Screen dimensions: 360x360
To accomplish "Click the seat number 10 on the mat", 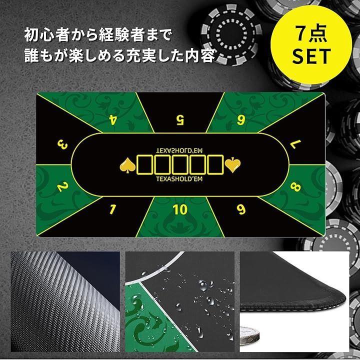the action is (x=180, y=209).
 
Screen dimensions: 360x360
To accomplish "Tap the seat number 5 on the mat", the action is (x=180, y=120).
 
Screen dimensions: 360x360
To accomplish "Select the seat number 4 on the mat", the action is (x=112, y=119).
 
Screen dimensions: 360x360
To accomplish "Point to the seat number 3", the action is (x=62, y=145).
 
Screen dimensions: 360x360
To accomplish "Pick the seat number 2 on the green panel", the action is (x=62, y=186).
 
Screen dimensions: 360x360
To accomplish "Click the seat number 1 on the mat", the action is (x=112, y=209).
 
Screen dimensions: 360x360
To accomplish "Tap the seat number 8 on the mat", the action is (x=295, y=186).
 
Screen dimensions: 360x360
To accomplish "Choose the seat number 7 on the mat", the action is (x=295, y=144).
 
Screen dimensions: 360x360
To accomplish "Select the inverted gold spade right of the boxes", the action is (x=232, y=164).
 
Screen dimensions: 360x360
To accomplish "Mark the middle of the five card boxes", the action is (x=180, y=165).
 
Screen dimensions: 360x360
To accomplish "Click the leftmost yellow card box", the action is (x=145, y=165).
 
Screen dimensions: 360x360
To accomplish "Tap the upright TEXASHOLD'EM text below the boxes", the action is (x=179, y=179).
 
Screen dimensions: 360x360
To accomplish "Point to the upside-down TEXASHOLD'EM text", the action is (x=179, y=150).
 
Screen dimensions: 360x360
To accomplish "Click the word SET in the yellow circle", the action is (x=311, y=56).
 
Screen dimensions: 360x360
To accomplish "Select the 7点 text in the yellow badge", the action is (x=311, y=34).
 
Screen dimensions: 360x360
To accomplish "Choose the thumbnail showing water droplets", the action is (x=180, y=301).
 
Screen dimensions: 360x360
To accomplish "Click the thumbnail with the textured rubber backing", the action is (x=65, y=301).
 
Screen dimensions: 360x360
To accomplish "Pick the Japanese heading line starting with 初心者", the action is (x=98, y=35).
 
